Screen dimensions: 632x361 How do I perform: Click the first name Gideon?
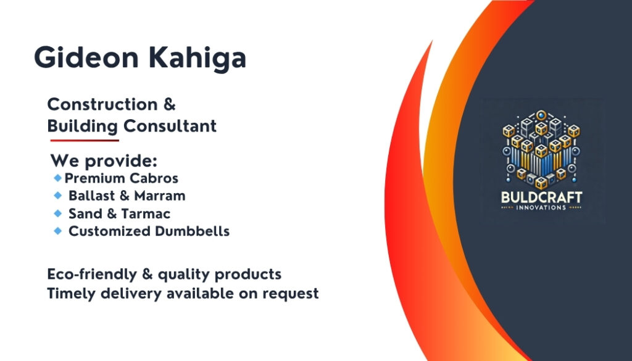click(x=86, y=57)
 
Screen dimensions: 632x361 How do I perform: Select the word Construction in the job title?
click(x=102, y=104)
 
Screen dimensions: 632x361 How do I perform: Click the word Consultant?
click(x=170, y=126)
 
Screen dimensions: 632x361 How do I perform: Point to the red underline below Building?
click(x=85, y=140)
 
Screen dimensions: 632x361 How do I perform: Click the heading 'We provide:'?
click(x=104, y=161)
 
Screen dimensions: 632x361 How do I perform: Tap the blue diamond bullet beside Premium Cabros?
click(x=57, y=178)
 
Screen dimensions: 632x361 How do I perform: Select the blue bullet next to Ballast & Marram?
click(x=57, y=196)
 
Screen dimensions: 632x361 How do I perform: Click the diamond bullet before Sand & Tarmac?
click(x=57, y=213)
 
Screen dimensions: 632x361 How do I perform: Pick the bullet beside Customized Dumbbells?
click(x=57, y=231)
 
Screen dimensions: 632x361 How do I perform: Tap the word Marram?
click(x=160, y=196)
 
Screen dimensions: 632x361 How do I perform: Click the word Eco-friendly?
click(x=92, y=275)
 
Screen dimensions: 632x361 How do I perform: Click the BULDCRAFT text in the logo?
click(x=541, y=197)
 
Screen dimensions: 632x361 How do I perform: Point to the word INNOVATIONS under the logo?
click(x=541, y=208)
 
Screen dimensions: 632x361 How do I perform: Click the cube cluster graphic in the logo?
click(x=541, y=149)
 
